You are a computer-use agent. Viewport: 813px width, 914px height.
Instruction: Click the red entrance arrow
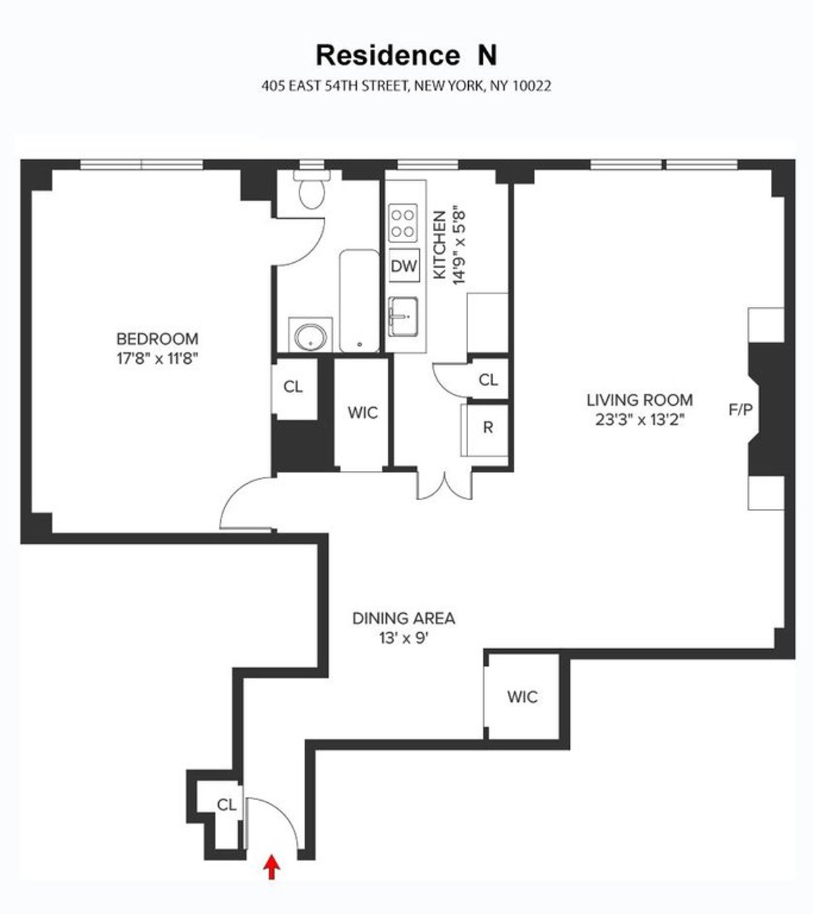[x=272, y=867]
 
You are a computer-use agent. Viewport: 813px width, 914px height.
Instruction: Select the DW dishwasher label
[x=404, y=266]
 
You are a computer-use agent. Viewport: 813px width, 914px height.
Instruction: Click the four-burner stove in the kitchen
[x=402, y=223]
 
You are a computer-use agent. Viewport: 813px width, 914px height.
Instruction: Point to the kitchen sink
[x=404, y=316]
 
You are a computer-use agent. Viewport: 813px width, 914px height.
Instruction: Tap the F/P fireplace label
[x=741, y=409]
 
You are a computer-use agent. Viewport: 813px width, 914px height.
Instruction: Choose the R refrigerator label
[x=488, y=428]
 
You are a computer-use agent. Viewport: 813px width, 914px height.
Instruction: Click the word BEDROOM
[x=157, y=339]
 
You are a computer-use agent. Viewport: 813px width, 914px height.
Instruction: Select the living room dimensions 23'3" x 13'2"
[x=640, y=419]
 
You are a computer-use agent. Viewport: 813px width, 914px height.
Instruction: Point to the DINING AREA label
[x=404, y=618]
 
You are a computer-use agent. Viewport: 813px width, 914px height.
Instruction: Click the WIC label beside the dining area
[x=522, y=697]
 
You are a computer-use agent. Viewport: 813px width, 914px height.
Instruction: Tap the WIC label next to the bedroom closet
[x=362, y=413]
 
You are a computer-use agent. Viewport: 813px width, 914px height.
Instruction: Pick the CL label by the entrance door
[x=227, y=805]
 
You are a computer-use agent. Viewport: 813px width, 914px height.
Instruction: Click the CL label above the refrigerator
[x=488, y=380]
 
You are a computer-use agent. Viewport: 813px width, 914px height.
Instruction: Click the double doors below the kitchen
[x=443, y=485]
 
